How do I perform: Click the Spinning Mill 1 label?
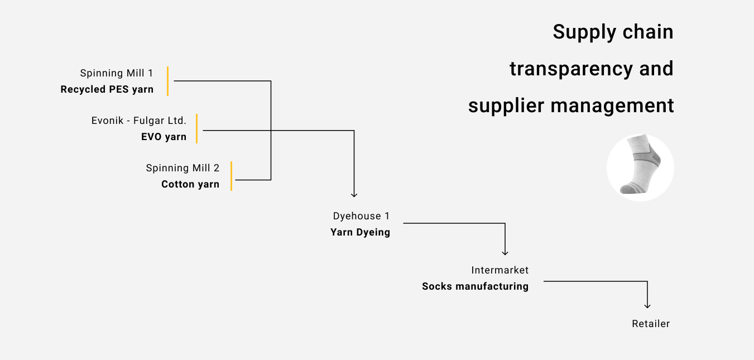pyautogui.click(x=116, y=73)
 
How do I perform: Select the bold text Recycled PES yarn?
pyautogui.click(x=107, y=89)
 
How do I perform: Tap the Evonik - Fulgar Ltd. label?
pyautogui.click(x=138, y=121)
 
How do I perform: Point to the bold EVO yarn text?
pyautogui.click(x=164, y=137)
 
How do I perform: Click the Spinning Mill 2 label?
pyautogui.click(x=183, y=168)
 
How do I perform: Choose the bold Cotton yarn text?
pyautogui.click(x=190, y=184)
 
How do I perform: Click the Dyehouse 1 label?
pyautogui.click(x=361, y=216)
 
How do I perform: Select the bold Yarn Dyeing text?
pyautogui.click(x=360, y=232)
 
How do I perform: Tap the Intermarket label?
pyautogui.click(x=500, y=270)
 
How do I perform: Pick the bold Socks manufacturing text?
pyautogui.click(x=475, y=286)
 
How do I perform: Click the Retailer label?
pyautogui.click(x=651, y=324)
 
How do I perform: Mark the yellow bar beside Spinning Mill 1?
pyautogui.click(x=167, y=81)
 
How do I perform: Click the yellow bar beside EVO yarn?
pyautogui.click(x=196, y=128)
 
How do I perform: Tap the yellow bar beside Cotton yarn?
pyautogui.click(x=231, y=176)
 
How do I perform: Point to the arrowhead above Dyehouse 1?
pyautogui.click(x=354, y=194)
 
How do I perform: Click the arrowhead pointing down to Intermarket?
pyautogui.click(x=505, y=252)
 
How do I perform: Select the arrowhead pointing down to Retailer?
pyautogui.click(x=647, y=305)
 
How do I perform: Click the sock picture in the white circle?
pyautogui.click(x=640, y=167)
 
